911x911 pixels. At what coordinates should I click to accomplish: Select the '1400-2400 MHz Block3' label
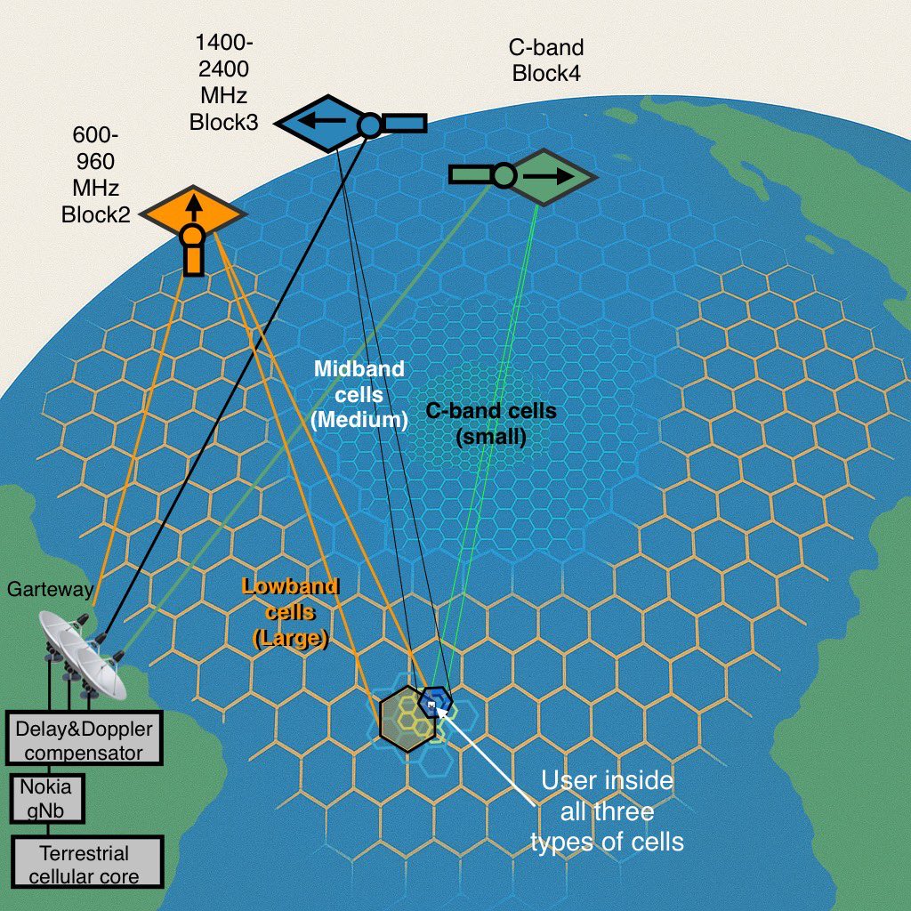coord(223,83)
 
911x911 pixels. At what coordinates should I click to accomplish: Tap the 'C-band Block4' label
coord(546,60)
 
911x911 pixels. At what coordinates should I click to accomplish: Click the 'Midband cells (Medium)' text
coord(360,394)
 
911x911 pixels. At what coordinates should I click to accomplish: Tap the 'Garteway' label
coord(45,589)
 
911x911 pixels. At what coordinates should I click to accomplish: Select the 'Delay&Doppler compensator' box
coord(85,740)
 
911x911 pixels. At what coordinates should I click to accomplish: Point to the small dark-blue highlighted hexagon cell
coord(434,701)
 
